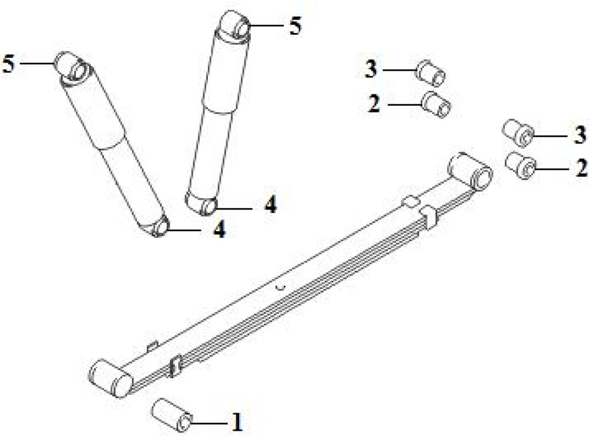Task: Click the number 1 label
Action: (237, 422)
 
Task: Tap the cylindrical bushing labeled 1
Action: (171, 415)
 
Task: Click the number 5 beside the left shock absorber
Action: (9, 63)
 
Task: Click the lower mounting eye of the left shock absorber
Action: (158, 226)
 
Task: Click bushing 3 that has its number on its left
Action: (430, 73)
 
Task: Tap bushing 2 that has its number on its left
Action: (436, 104)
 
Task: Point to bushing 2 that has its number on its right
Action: (521, 166)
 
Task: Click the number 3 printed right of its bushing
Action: (580, 135)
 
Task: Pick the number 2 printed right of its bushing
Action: (581, 168)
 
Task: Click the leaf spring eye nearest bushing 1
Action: (111, 378)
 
